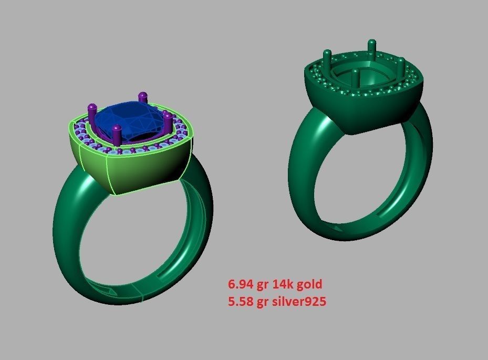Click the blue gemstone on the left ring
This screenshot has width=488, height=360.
coord(131,118)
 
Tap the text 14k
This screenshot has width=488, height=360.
coord(282,284)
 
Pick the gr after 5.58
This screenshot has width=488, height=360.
coord(263,302)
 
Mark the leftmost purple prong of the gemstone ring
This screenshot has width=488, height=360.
coord(93,113)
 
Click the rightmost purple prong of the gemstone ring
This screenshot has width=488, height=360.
coord(168,121)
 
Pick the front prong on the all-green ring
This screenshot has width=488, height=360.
coord(356,79)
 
